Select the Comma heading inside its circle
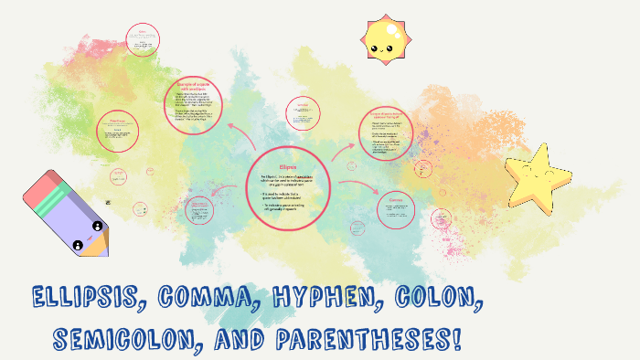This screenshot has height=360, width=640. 396,198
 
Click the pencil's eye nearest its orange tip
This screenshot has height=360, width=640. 95,226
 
